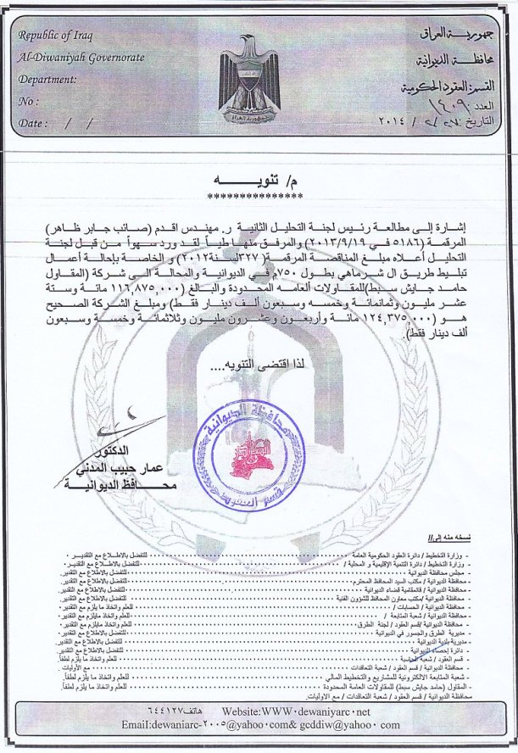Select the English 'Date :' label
coord(32,123)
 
